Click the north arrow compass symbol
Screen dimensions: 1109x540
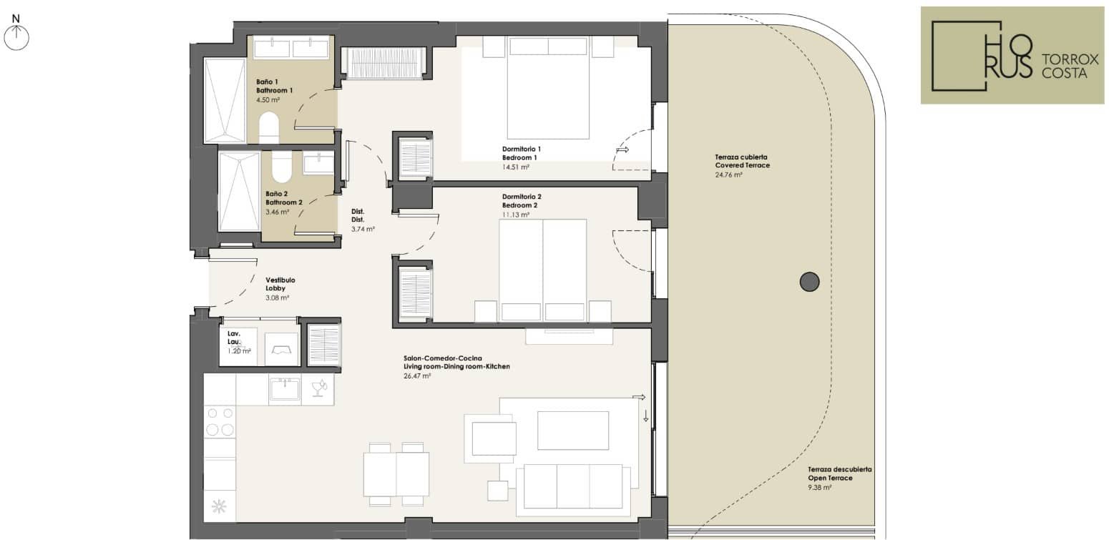[16, 38]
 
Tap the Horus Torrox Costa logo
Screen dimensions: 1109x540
[1012, 56]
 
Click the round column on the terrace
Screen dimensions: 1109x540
[809, 282]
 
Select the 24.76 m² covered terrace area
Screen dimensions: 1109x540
[728, 175]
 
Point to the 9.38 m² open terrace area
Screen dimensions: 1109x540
[820, 488]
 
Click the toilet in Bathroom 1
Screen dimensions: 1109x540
[269, 128]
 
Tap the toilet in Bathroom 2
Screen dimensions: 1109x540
[282, 167]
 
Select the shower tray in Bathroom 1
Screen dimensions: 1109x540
[225, 100]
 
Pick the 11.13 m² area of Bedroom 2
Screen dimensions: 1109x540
[515, 215]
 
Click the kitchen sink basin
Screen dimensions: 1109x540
[285, 390]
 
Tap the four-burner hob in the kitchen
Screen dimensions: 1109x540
[220, 421]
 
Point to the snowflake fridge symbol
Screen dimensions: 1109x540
[219, 506]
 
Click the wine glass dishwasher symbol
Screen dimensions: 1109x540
[318, 389]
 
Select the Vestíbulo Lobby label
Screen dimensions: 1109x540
[280, 284]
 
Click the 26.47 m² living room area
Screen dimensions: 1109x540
[417, 376]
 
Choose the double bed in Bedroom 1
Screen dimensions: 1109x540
[548, 88]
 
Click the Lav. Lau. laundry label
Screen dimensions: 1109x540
[234, 338]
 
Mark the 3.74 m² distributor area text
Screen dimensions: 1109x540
[363, 229]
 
